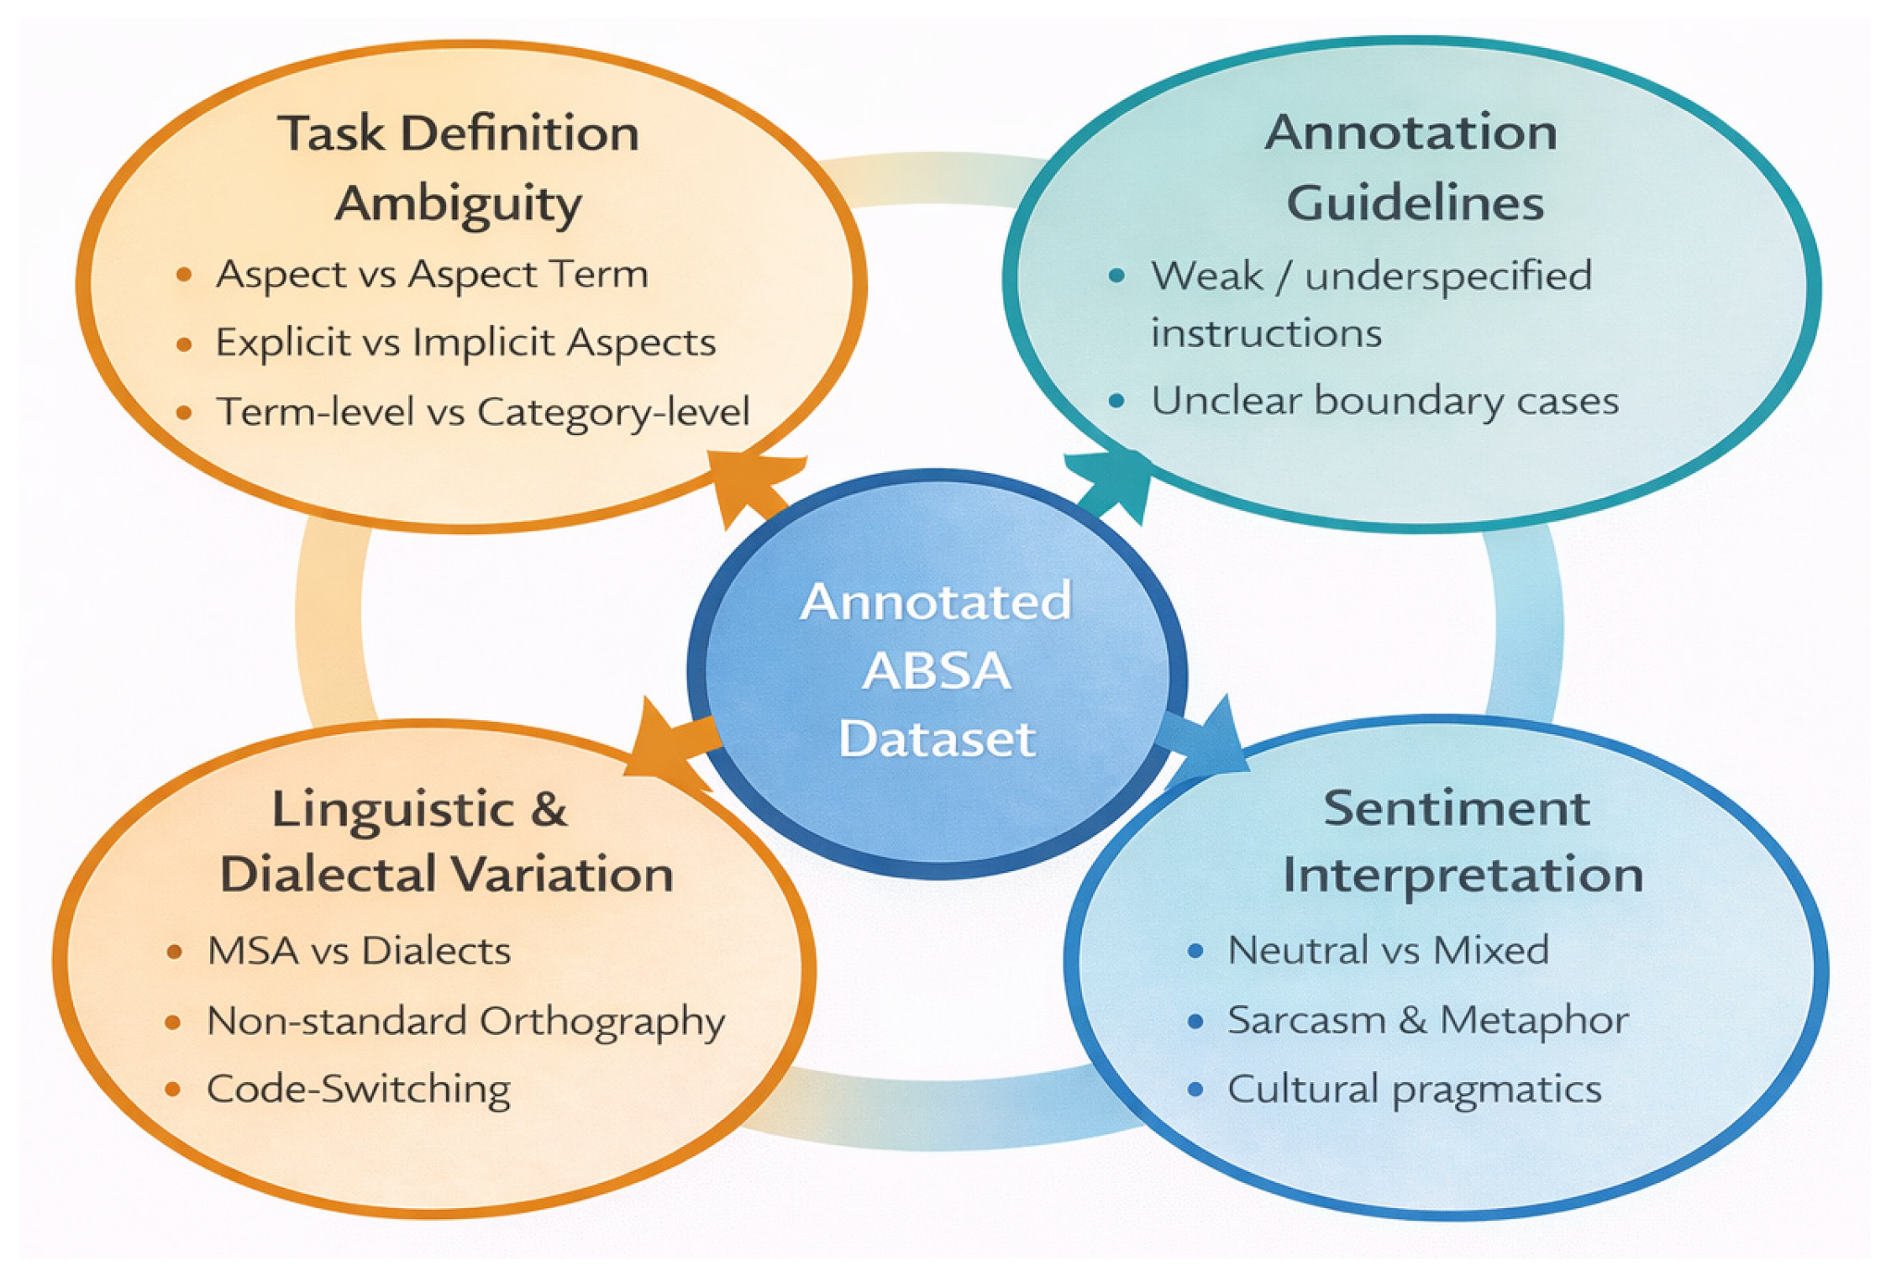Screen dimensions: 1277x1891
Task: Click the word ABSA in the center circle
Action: (x=936, y=671)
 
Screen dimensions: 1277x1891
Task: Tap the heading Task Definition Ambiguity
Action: (x=458, y=168)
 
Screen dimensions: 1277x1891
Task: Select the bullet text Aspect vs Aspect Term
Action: (x=432, y=275)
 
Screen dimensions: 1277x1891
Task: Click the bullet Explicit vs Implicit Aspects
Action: (x=465, y=343)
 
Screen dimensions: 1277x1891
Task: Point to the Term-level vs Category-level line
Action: (x=483, y=412)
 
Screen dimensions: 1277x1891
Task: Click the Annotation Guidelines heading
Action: (x=1413, y=167)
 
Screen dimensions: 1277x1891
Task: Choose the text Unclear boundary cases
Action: (x=1384, y=401)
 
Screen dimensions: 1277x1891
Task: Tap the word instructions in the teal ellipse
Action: (x=1266, y=334)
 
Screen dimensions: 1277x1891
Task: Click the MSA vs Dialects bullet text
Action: (x=359, y=951)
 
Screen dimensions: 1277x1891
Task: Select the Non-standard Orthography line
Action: (x=465, y=1021)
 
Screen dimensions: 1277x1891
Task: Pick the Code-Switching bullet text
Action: (x=359, y=1089)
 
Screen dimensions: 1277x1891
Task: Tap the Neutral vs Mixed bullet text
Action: (x=1388, y=950)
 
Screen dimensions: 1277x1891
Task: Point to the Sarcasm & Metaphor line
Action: (x=1428, y=1020)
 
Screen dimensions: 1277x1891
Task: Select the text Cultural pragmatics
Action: (x=1414, y=1089)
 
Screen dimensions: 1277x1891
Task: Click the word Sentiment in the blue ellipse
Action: (x=1456, y=809)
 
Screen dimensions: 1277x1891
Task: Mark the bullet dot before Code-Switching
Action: (x=173, y=1090)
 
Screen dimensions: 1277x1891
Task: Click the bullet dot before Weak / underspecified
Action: (x=1116, y=276)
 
